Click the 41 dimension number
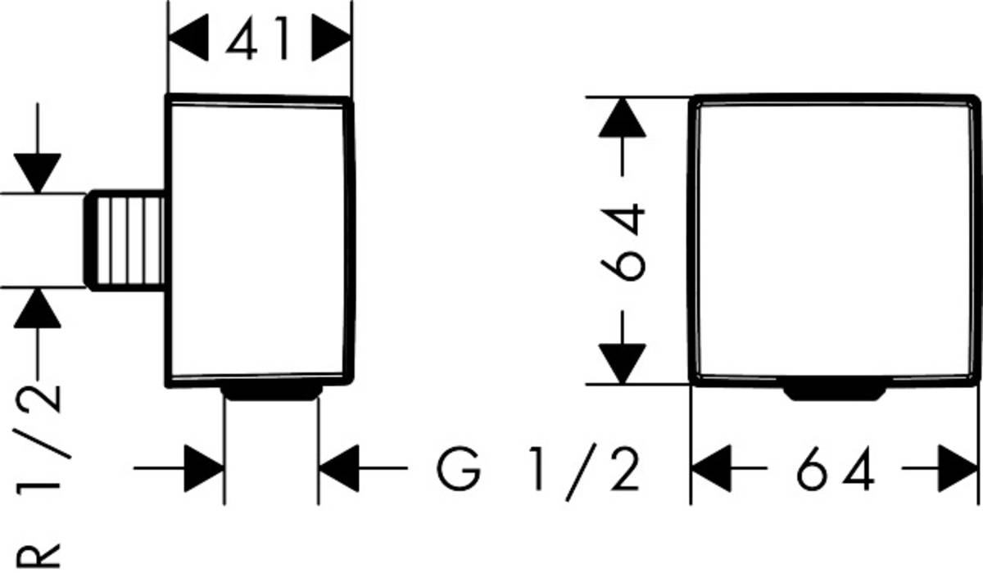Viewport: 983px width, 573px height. [x=258, y=40]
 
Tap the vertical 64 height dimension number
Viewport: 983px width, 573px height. [x=623, y=242]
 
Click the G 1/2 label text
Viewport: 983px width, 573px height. [x=537, y=470]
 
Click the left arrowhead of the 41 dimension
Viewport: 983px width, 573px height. [x=186, y=40]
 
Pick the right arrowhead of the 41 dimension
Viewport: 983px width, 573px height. [x=332, y=40]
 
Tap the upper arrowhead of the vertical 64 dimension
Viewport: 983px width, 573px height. [x=623, y=118]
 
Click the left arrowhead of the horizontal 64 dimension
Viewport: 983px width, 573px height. [x=711, y=469]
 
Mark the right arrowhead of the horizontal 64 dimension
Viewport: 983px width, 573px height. [x=958, y=469]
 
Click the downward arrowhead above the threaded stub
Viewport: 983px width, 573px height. [x=39, y=173]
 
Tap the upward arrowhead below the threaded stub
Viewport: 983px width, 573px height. [x=39, y=309]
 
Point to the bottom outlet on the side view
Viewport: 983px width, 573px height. [x=270, y=393]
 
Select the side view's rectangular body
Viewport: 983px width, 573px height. [x=260, y=241]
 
